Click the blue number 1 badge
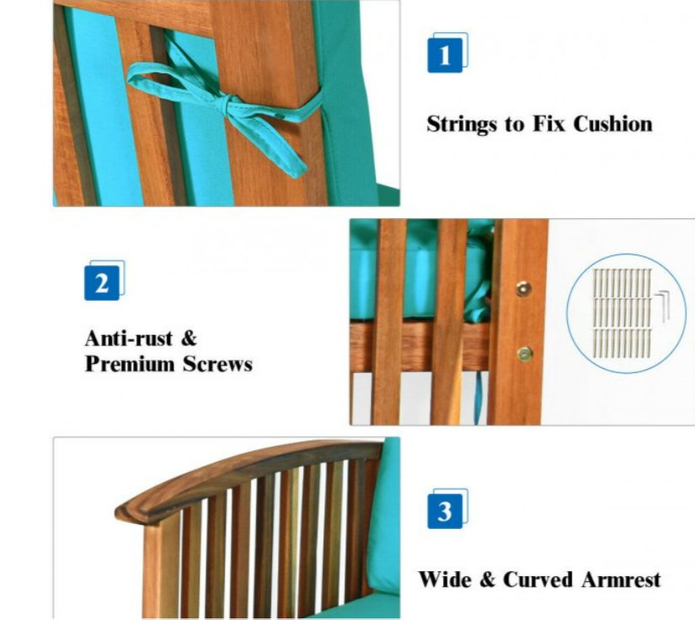click(x=445, y=56)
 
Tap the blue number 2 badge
click(x=102, y=283)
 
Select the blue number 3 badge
click(x=445, y=511)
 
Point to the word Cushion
click(x=613, y=124)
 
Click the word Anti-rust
click(x=129, y=339)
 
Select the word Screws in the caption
click(x=217, y=364)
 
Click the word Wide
click(x=445, y=580)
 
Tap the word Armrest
click(x=622, y=580)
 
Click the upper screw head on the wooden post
click(x=523, y=288)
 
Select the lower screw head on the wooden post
click(x=525, y=354)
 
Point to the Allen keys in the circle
click(x=662, y=307)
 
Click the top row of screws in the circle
click(x=623, y=283)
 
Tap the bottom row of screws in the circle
click(x=623, y=343)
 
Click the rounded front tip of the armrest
click(x=122, y=514)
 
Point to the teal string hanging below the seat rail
click(x=478, y=397)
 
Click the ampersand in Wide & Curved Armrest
click(x=487, y=580)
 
